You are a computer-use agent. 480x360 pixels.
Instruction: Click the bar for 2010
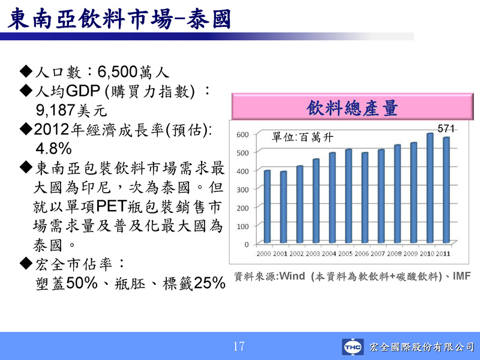click(430, 188)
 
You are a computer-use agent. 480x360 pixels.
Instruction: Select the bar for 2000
click(267, 206)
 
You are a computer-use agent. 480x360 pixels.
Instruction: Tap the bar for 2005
click(349, 196)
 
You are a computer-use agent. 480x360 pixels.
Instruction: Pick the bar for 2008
click(397, 194)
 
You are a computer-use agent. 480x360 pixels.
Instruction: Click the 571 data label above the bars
click(446, 128)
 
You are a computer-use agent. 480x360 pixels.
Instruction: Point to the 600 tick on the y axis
click(242, 134)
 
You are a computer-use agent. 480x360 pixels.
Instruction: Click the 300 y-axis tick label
click(242, 190)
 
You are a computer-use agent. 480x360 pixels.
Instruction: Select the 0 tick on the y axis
click(247, 245)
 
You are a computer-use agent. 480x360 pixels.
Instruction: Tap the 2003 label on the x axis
click(313, 254)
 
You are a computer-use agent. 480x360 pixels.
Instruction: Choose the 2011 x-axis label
click(443, 254)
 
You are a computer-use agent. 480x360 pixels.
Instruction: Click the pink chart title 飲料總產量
click(352, 108)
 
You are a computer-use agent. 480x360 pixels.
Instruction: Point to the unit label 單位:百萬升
click(302, 137)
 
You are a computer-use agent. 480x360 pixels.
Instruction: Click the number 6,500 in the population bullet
click(117, 72)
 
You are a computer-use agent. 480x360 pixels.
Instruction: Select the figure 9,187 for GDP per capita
click(55, 110)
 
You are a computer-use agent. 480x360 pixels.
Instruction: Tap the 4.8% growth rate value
click(53, 149)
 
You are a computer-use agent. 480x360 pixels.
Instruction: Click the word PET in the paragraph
click(112, 206)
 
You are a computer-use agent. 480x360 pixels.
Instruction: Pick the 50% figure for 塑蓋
click(82, 283)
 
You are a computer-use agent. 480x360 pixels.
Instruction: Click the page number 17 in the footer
click(239, 347)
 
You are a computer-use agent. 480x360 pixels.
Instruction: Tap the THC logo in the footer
click(353, 347)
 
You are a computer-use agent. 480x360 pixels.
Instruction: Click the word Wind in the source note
click(292, 276)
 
